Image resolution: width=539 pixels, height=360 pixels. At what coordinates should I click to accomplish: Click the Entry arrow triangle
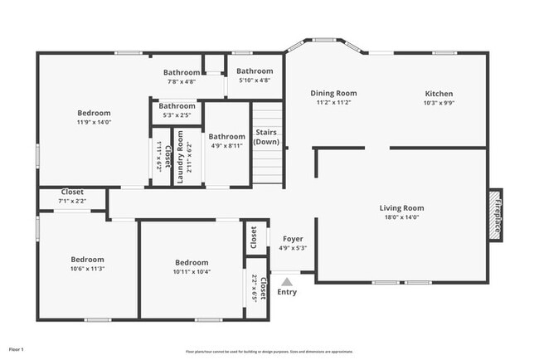pos(287,281)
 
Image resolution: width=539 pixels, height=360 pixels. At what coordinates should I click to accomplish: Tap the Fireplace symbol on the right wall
pos(496,214)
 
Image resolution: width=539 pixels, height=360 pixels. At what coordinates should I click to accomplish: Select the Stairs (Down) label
pos(266,137)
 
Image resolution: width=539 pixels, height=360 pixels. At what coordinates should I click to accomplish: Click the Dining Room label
pos(333,94)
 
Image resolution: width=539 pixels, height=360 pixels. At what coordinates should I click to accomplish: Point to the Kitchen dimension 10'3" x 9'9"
pos(439,104)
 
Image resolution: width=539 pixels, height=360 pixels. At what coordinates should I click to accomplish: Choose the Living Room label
pos(401,208)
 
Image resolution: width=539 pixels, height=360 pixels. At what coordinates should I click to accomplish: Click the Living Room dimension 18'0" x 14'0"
pos(401,218)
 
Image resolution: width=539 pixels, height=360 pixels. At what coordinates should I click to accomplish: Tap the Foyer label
pos(293,239)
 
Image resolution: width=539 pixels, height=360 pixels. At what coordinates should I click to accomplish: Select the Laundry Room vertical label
pos(180,156)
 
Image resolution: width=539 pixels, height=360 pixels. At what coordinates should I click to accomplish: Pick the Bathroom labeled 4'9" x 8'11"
pos(226,137)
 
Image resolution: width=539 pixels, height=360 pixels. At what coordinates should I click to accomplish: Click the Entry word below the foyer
pos(287,292)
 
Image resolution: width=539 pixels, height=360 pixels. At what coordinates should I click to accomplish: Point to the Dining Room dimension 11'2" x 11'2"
pos(333,104)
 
